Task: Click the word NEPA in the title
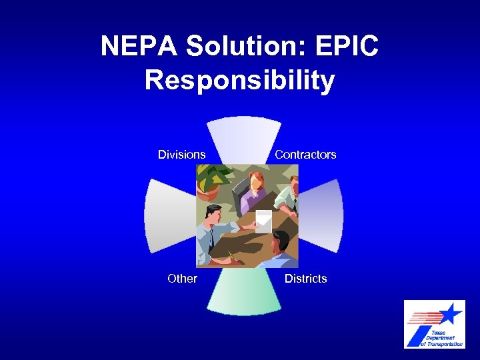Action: point(139,47)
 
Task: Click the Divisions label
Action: point(181,155)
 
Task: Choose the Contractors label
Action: point(305,155)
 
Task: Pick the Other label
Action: point(182,279)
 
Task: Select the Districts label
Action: point(305,279)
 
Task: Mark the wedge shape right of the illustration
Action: point(324,215)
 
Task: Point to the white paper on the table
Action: point(264,219)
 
